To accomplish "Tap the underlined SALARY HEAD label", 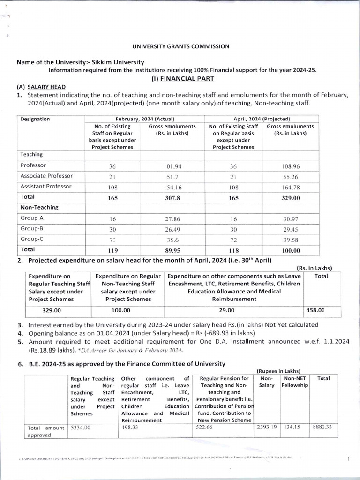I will pyautogui.click(x=46, y=87).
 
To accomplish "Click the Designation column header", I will pyautogui.click(x=35, y=119).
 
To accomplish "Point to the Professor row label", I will pyautogui.click(x=33, y=165).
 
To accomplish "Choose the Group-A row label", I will pyautogui.click(x=31, y=218).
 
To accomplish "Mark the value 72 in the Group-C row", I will pyautogui.click(x=233, y=240).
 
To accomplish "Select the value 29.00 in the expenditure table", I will pyautogui.click(x=234, y=310).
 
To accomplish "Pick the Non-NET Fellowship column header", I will pyautogui.click(x=295, y=382).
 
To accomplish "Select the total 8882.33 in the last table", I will pyautogui.click(x=323, y=427).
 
